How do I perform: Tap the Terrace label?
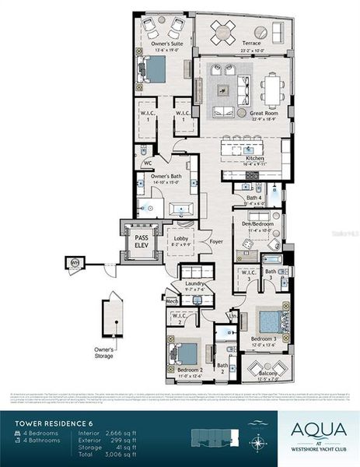[x=247, y=47]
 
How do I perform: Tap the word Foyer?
[x=215, y=241]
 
